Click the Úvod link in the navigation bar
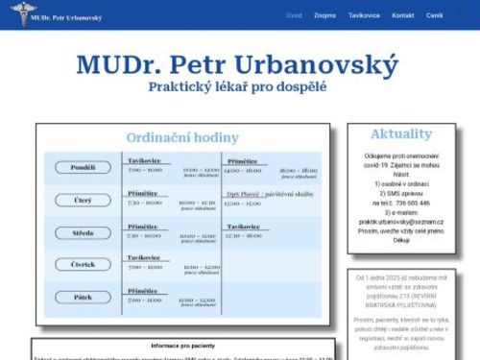point(294,15)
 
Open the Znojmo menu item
point(324,15)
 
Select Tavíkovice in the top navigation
point(364,15)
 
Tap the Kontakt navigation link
point(403,15)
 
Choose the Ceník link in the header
point(435,15)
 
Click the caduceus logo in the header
point(14,12)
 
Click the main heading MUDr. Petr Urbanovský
point(235,65)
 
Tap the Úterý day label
point(84,201)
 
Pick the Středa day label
point(84,232)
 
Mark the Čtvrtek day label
point(84,264)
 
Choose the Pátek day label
point(84,297)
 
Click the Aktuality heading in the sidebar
point(400,133)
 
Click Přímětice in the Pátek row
point(143,290)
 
